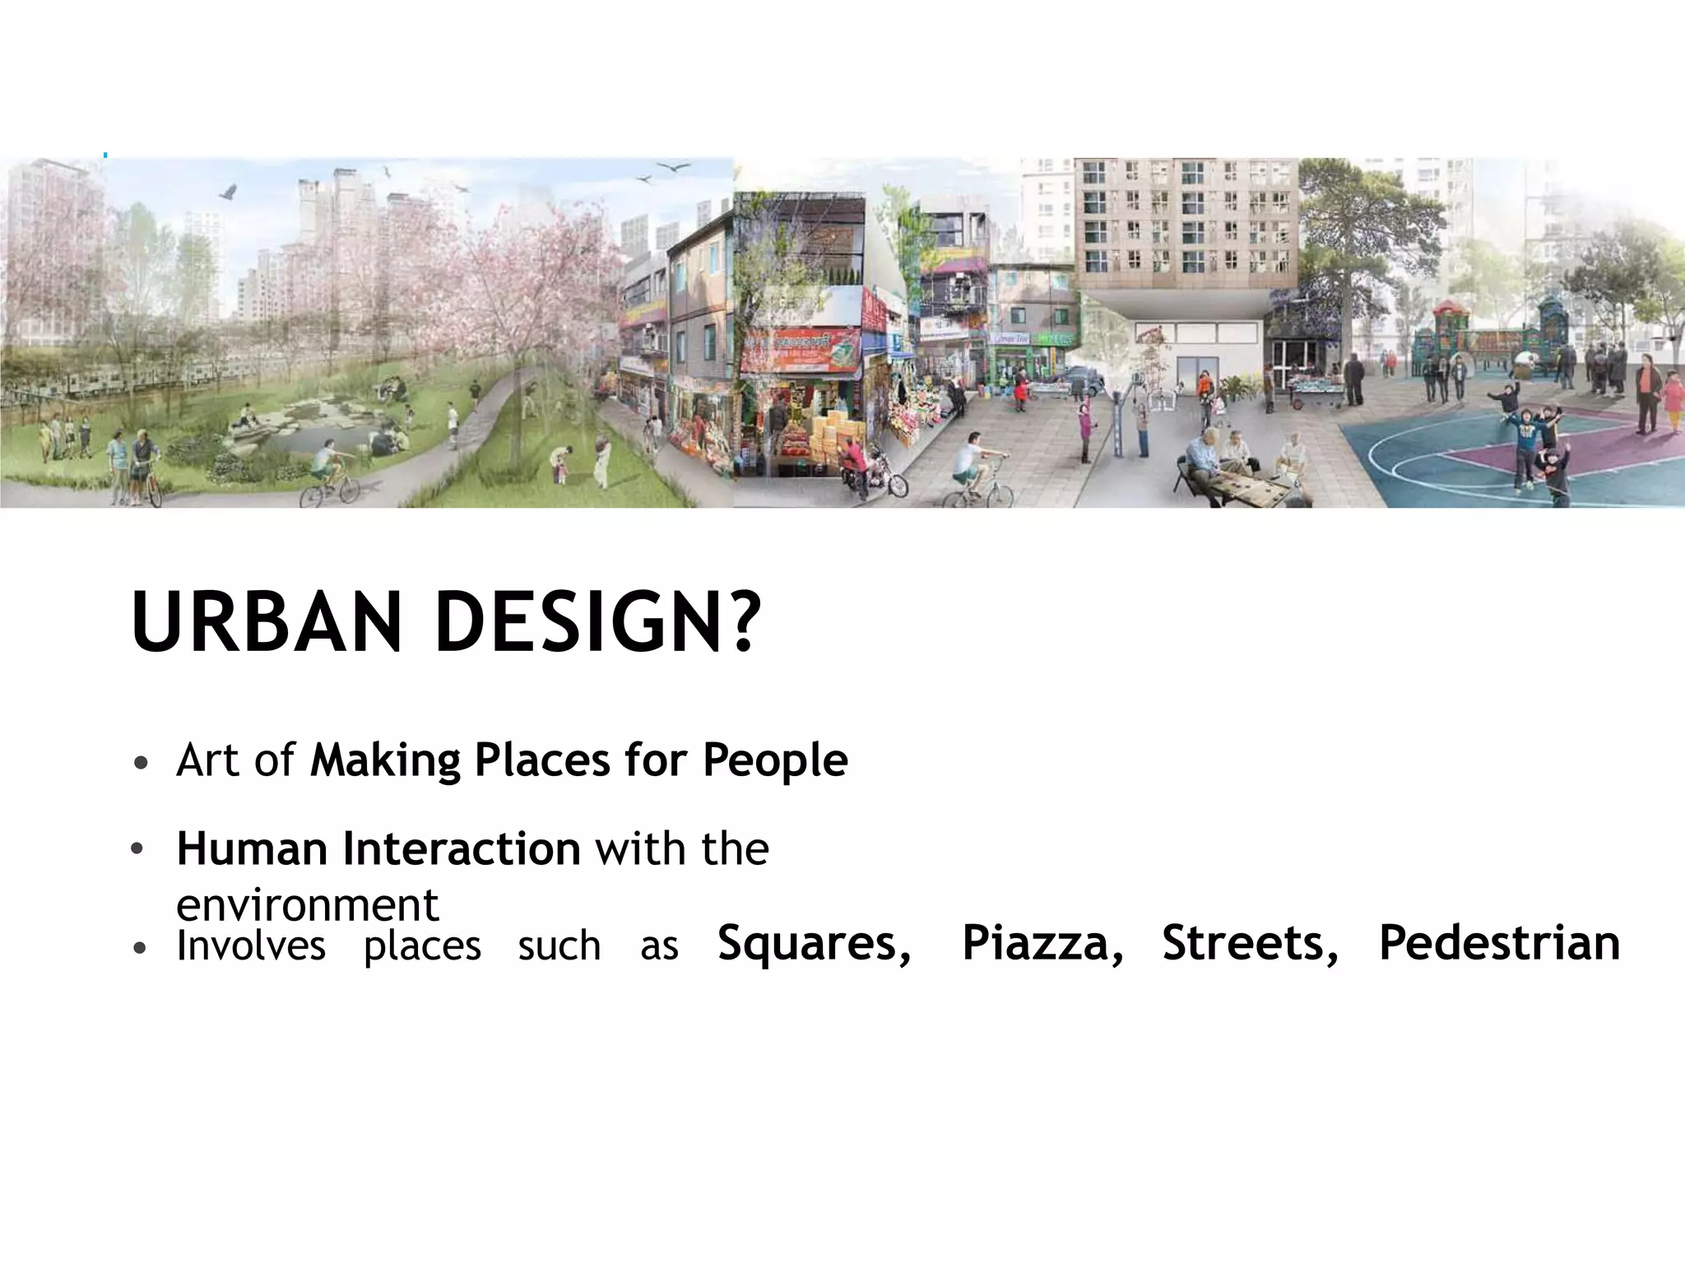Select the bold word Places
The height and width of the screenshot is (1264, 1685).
click(x=542, y=760)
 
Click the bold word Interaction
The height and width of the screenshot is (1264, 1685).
click(x=461, y=848)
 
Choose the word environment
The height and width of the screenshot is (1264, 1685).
click(x=307, y=905)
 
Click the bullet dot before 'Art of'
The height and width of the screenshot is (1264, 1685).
click(x=141, y=763)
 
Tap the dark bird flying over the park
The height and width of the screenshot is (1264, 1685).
click(x=228, y=193)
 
